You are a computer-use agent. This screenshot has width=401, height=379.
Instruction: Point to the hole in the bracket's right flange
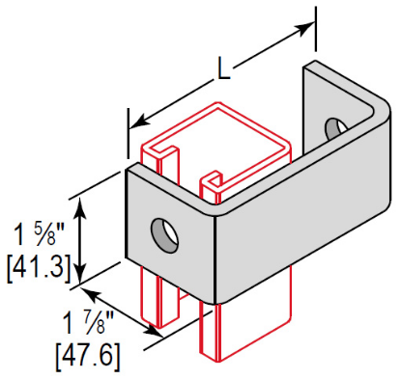334,127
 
